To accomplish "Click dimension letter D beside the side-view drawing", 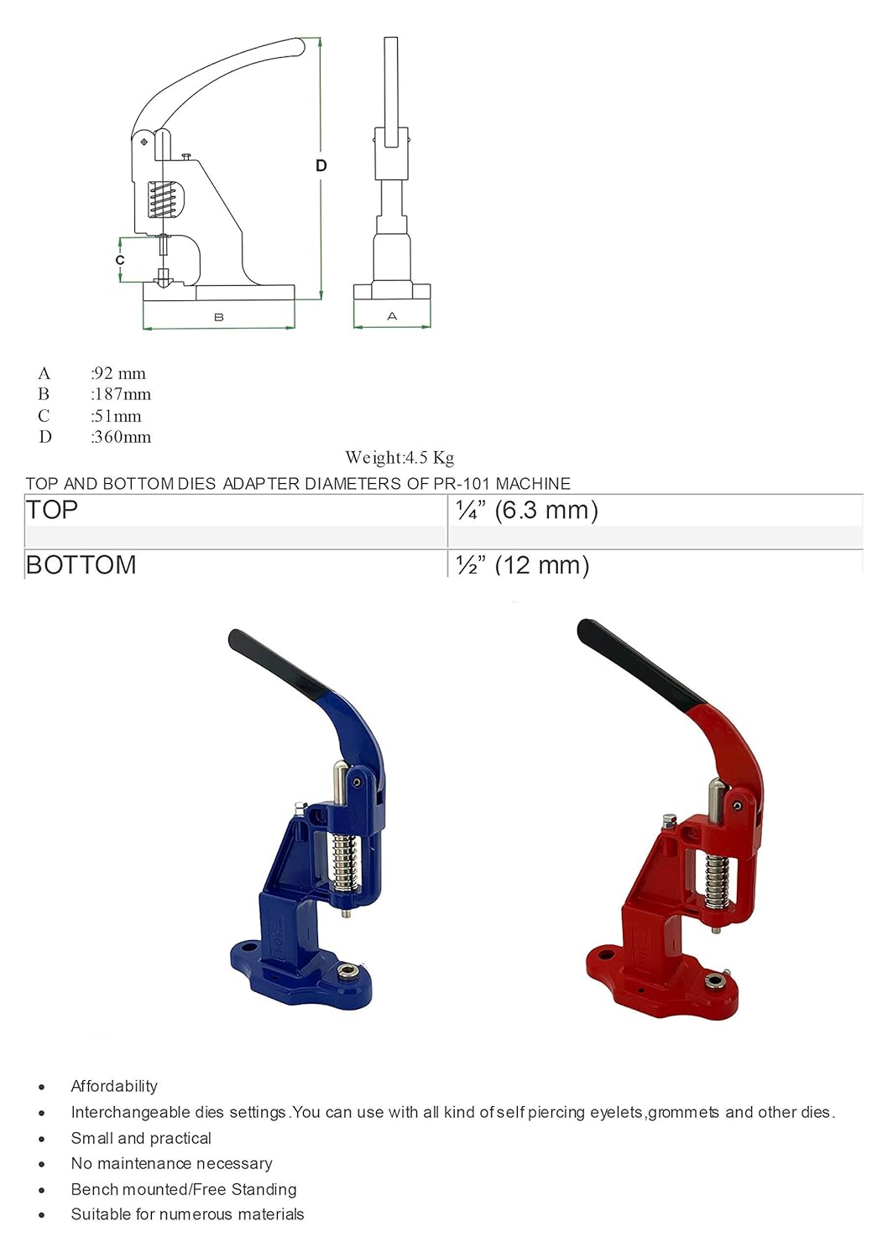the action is [x=321, y=165].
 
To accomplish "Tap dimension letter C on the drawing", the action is [x=120, y=260].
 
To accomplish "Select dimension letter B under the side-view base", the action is [x=219, y=317].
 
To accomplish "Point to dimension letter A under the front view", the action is [x=392, y=316].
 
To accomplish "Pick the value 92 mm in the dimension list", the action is [x=118, y=373].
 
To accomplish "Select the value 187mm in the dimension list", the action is [x=121, y=394].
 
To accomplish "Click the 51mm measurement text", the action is [x=116, y=416].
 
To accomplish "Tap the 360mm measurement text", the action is [x=121, y=437].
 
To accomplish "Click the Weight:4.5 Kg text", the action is [x=399, y=458].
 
